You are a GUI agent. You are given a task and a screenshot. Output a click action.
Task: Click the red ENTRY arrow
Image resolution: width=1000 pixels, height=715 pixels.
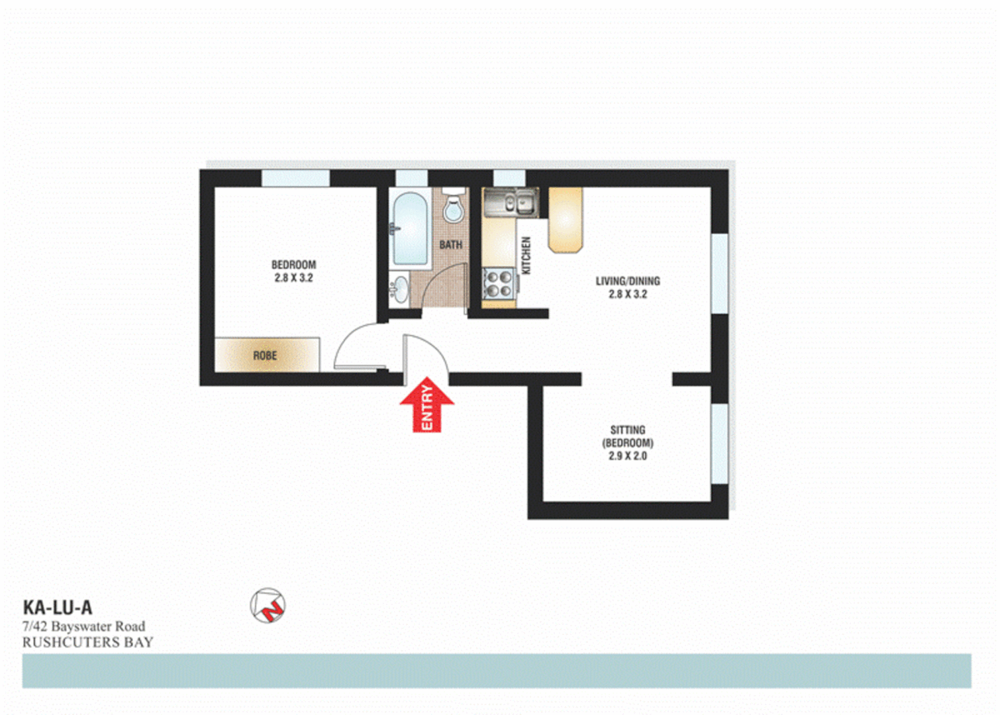(427, 405)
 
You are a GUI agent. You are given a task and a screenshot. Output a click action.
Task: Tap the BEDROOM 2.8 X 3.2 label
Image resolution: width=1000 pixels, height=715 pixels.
(293, 271)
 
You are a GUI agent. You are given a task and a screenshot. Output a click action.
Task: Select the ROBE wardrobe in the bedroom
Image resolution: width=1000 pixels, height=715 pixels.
(266, 355)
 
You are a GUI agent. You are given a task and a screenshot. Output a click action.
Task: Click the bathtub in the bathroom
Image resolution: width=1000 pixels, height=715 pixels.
(409, 228)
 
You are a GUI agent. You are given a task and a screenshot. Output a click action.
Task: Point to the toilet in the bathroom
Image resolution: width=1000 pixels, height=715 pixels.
(454, 205)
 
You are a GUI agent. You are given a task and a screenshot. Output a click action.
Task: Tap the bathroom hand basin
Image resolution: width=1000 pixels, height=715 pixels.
(399, 289)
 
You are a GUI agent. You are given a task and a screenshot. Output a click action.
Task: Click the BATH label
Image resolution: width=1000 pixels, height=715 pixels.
(451, 245)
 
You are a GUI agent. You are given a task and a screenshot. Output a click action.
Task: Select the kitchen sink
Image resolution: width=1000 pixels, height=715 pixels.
(511, 201)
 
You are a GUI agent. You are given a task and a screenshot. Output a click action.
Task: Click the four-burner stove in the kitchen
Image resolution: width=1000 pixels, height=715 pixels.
(499, 283)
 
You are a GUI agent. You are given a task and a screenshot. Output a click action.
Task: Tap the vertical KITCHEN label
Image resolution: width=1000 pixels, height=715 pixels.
(526, 256)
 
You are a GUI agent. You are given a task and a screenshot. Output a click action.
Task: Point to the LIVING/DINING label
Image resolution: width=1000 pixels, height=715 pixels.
(627, 287)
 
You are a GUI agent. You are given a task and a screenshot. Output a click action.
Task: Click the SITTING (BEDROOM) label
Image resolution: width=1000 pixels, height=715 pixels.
(627, 442)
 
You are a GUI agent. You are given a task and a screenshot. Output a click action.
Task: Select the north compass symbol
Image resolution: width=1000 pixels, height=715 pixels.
(268, 605)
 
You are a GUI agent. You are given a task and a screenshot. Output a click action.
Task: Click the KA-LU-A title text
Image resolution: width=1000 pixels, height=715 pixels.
(58, 607)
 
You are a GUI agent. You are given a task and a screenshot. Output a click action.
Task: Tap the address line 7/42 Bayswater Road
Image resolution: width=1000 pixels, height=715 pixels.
(84, 626)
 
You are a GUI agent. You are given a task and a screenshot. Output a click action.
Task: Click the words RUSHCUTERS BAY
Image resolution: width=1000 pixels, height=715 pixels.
(87, 642)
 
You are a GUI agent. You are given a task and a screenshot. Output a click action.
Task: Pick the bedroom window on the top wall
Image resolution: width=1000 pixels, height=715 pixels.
(295, 178)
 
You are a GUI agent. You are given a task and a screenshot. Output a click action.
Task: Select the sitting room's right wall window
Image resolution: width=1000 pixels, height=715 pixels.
(719, 442)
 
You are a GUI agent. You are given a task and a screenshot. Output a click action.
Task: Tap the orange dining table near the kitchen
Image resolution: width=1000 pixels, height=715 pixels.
(566, 219)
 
